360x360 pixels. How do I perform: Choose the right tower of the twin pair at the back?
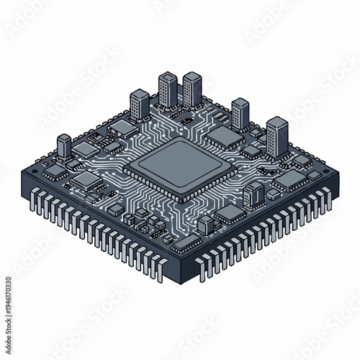click(x=192, y=89)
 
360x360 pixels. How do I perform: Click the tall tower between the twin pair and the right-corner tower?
click(x=240, y=113)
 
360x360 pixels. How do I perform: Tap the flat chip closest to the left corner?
click(x=55, y=171)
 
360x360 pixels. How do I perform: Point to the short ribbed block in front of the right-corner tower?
click(x=254, y=192)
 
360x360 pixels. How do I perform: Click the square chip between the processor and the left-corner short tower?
click(x=87, y=179)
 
